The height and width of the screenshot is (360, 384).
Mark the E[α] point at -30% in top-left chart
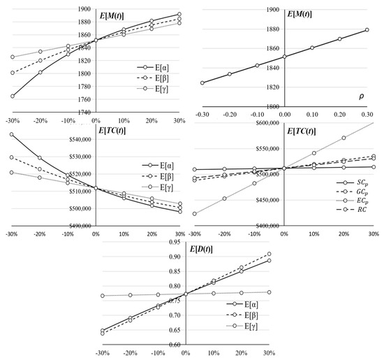pos(12,96)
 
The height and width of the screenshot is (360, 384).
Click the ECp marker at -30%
pos(195,214)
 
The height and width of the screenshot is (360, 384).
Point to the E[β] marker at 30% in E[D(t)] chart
pos(367,254)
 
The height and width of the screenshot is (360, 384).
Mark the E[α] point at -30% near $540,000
pos(12,134)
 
